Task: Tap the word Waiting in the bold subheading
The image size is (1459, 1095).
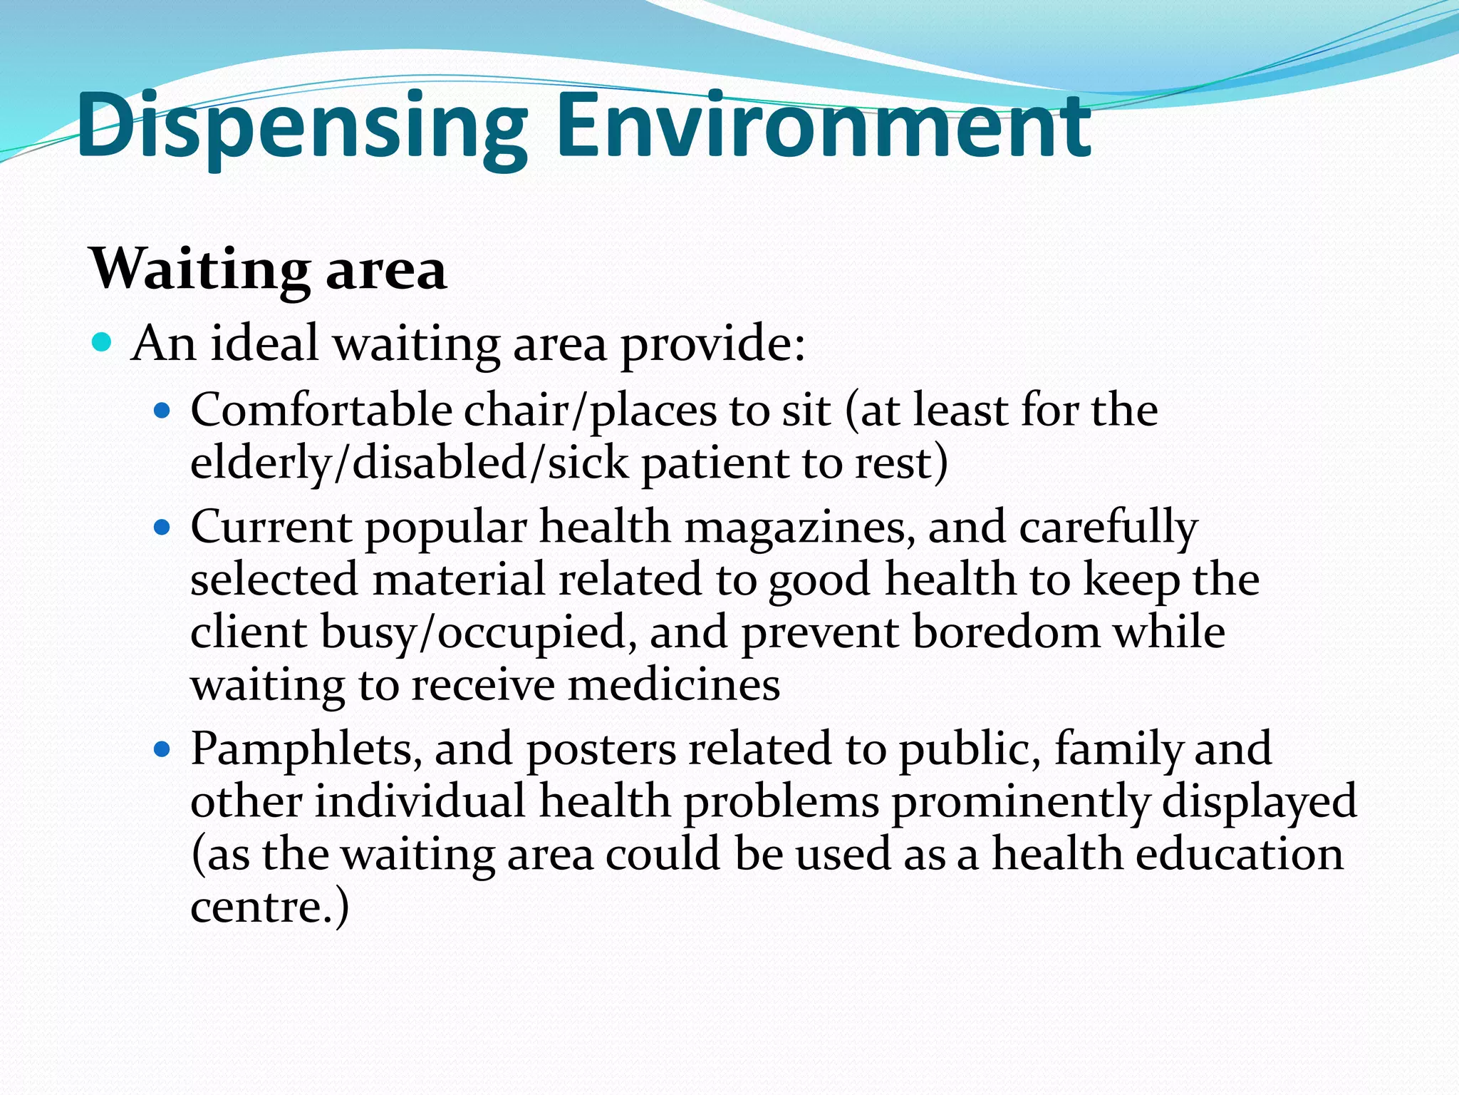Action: click(199, 270)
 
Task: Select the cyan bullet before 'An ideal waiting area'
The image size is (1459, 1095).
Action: click(103, 343)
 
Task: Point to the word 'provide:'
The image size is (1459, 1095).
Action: click(713, 345)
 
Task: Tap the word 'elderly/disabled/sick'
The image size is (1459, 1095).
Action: click(410, 463)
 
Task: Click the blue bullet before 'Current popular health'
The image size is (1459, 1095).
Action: click(162, 528)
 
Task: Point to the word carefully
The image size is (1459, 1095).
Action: click(1108, 528)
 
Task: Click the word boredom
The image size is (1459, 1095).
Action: click(1007, 632)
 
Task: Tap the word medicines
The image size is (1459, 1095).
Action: click(673, 685)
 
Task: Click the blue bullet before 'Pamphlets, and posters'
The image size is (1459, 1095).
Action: click(162, 750)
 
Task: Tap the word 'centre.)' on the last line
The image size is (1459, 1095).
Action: click(270, 908)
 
